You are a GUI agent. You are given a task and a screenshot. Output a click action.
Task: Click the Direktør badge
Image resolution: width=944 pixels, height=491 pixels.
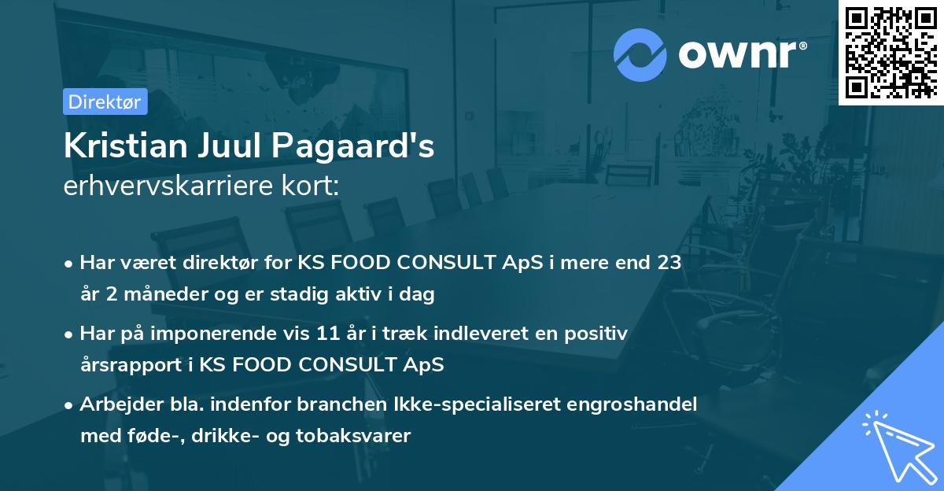[105, 102]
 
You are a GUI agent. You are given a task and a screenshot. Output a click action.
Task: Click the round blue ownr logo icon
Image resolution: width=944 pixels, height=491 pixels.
[640, 55]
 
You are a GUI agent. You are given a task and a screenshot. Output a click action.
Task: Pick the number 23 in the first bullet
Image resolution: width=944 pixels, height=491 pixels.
[669, 263]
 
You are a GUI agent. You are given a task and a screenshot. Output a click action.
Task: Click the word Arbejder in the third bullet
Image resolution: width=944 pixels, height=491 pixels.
[114, 404]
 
